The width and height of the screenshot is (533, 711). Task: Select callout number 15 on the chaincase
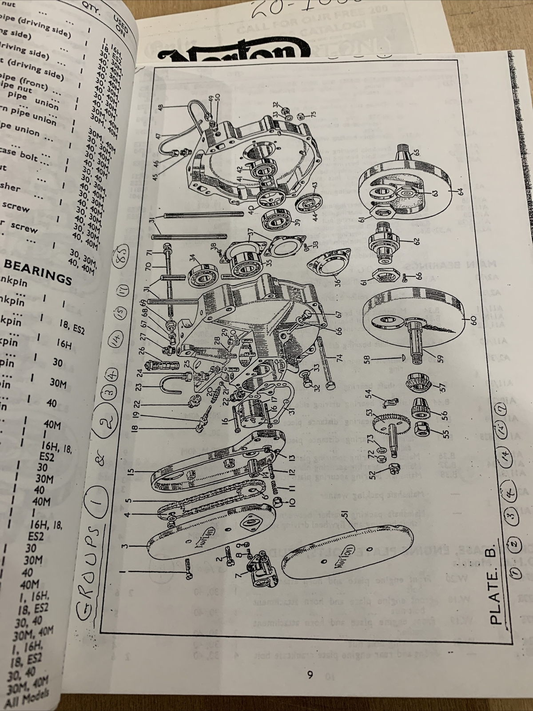[130, 470]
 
